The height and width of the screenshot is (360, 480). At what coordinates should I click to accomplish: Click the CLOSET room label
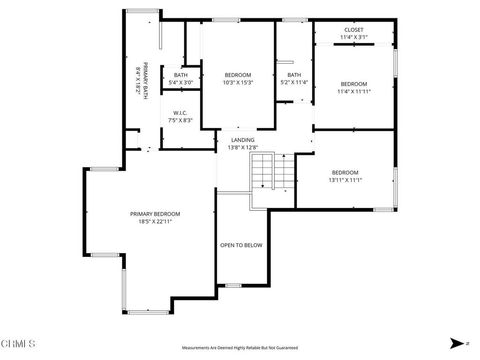[x=354, y=30]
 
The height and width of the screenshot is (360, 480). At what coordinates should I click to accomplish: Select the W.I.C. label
[x=181, y=112]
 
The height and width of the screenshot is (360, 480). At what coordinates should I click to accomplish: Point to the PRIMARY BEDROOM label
[x=155, y=214]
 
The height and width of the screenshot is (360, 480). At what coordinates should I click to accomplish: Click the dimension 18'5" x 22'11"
[x=155, y=222]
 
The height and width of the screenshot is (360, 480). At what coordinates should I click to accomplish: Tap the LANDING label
[x=242, y=140]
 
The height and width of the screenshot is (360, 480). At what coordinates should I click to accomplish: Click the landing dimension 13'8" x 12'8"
[x=242, y=148]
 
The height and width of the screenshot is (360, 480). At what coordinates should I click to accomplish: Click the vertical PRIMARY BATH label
[x=144, y=78]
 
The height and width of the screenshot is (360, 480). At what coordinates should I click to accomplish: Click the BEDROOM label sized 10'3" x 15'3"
[x=237, y=74]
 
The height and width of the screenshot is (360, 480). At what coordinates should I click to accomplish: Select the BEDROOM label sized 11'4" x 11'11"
[x=354, y=83]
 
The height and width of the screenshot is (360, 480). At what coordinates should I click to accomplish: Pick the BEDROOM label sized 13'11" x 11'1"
[x=345, y=172]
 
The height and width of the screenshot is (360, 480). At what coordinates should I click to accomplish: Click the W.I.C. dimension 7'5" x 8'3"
[x=181, y=120]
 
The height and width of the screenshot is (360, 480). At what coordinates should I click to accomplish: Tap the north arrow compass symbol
[x=456, y=342]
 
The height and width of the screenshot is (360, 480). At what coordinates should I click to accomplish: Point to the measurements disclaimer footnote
[x=240, y=348]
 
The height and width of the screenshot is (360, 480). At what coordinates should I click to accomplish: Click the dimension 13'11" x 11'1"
[x=345, y=180]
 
